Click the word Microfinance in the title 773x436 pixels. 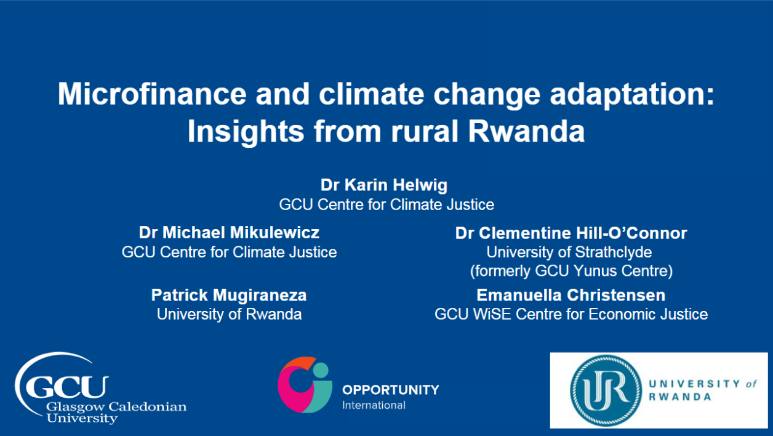click(x=152, y=94)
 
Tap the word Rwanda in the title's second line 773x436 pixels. click(x=526, y=131)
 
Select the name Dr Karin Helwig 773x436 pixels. click(x=384, y=185)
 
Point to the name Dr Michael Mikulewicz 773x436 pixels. click(x=229, y=233)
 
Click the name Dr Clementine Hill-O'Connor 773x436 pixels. click(x=571, y=233)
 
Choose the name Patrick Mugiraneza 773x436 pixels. click(x=229, y=295)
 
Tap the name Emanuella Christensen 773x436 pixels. click(x=571, y=295)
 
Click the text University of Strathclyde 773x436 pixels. click(x=569, y=252)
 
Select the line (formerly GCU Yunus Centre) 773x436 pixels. click(x=571, y=271)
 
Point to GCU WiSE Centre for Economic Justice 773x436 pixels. click(x=571, y=315)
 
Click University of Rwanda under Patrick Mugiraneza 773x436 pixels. click(x=229, y=315)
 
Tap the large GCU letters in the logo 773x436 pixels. click(x=67, y=387)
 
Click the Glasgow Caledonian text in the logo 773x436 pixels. click(x=116, y=406)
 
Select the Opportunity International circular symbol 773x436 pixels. click(x=305, y=384)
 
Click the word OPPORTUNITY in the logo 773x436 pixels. click(x=391, y=390)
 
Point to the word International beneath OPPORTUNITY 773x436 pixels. click(x=374, y=405)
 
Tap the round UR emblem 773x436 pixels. click(x=606, y=390)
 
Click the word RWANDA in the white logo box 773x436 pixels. click(x=680, y=397)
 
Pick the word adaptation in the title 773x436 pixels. click(x=632, y=94)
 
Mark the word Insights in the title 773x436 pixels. click(x=246, y=132)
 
